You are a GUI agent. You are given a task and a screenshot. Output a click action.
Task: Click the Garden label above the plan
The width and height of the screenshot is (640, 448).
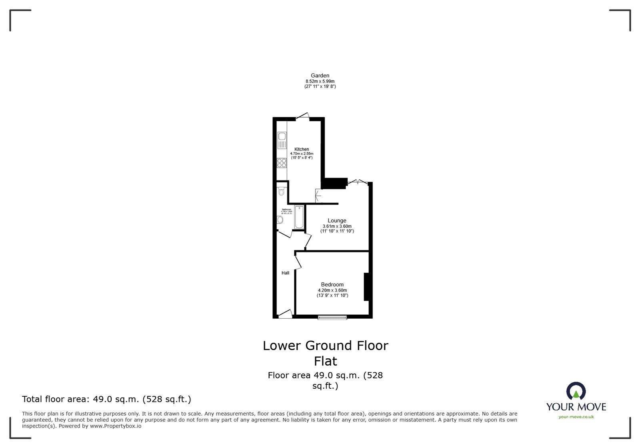click(x=320, y=75)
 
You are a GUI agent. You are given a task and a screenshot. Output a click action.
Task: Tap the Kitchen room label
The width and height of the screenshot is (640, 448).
click(x=302, y=149)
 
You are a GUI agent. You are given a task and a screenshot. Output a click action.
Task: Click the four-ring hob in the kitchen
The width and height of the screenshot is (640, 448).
click(x=282, y=163)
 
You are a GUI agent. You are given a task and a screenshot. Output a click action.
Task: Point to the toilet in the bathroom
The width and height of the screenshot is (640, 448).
click(x=282, y=191)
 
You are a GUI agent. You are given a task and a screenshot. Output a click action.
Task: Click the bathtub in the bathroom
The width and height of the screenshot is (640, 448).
click(x=299, y=217)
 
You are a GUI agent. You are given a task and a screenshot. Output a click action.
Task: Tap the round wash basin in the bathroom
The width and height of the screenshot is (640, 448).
click(x=280, y=220)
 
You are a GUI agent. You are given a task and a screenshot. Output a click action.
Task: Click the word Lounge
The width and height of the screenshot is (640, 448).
click(x=337, y=221)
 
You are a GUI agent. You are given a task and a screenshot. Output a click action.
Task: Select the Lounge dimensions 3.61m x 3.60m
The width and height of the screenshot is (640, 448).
click(x=337, y=226)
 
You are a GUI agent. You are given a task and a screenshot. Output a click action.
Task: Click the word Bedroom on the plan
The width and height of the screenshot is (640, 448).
click(x=332, y=285)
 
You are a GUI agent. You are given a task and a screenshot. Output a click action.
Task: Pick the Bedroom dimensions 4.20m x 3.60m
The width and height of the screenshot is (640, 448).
click(x=332, y=290)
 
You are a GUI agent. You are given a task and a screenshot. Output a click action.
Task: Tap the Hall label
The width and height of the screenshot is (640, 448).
click(x=285, y=273)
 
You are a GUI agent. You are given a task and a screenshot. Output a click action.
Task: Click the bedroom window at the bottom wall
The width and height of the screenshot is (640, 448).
click(x=332, y=317)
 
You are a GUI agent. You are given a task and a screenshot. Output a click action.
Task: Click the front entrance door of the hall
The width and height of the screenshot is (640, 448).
click(x=285, y=314)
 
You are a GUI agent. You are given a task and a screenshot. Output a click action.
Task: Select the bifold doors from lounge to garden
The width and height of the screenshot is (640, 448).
click(x=357, y=182)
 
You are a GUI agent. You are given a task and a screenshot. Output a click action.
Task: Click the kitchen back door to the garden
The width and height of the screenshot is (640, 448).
click(x=302, y=117)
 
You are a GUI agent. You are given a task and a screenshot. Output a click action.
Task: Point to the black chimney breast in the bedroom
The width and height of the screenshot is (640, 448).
click(x=366, y=287)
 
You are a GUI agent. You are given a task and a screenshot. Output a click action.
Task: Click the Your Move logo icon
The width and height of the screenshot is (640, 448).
click(x=576, y=392)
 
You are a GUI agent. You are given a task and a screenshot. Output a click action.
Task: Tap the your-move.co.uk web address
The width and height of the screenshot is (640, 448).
click(x=576, y=417)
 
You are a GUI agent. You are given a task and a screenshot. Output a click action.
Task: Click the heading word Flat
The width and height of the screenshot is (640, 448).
click(x=325, y=361)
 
